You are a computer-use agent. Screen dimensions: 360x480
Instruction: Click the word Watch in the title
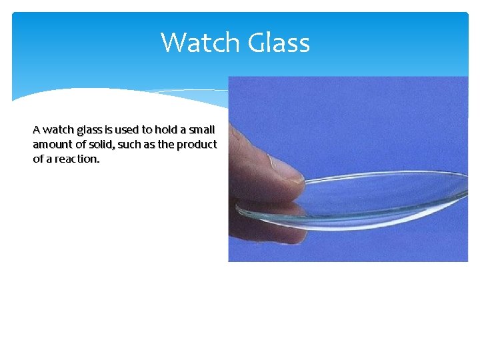pos(201,43)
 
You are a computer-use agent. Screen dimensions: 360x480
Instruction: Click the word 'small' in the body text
pos(202,129)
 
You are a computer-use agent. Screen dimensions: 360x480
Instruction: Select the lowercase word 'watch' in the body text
pos(58,129)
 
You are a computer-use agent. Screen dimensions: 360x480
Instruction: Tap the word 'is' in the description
pos(108,129)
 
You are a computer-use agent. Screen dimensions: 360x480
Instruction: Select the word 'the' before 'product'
pos(167,144)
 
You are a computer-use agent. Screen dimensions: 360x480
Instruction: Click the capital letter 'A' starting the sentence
pos(37,129)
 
